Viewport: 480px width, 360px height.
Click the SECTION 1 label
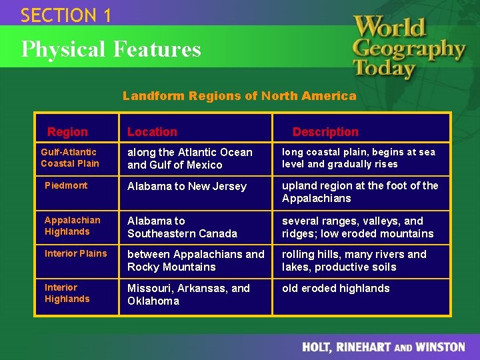66,15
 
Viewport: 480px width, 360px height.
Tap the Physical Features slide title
111,49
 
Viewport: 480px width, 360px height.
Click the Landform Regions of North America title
239,96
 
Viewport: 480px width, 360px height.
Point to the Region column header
67,132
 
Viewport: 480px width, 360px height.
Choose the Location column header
152,132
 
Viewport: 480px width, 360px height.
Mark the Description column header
325,132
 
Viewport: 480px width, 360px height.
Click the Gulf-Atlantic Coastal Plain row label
69,158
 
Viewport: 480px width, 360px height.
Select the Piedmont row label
66,185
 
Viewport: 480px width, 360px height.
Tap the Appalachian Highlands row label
72,226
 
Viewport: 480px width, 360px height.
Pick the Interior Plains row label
75,253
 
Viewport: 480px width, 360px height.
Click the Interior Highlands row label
67,293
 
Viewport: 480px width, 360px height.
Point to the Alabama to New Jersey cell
187,187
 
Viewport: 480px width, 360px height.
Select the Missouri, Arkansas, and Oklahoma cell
189,295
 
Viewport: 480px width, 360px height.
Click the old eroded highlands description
335,288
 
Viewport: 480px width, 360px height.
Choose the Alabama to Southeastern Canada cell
182,227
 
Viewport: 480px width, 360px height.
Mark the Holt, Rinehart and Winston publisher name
383,347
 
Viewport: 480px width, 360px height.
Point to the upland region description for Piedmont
360,192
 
